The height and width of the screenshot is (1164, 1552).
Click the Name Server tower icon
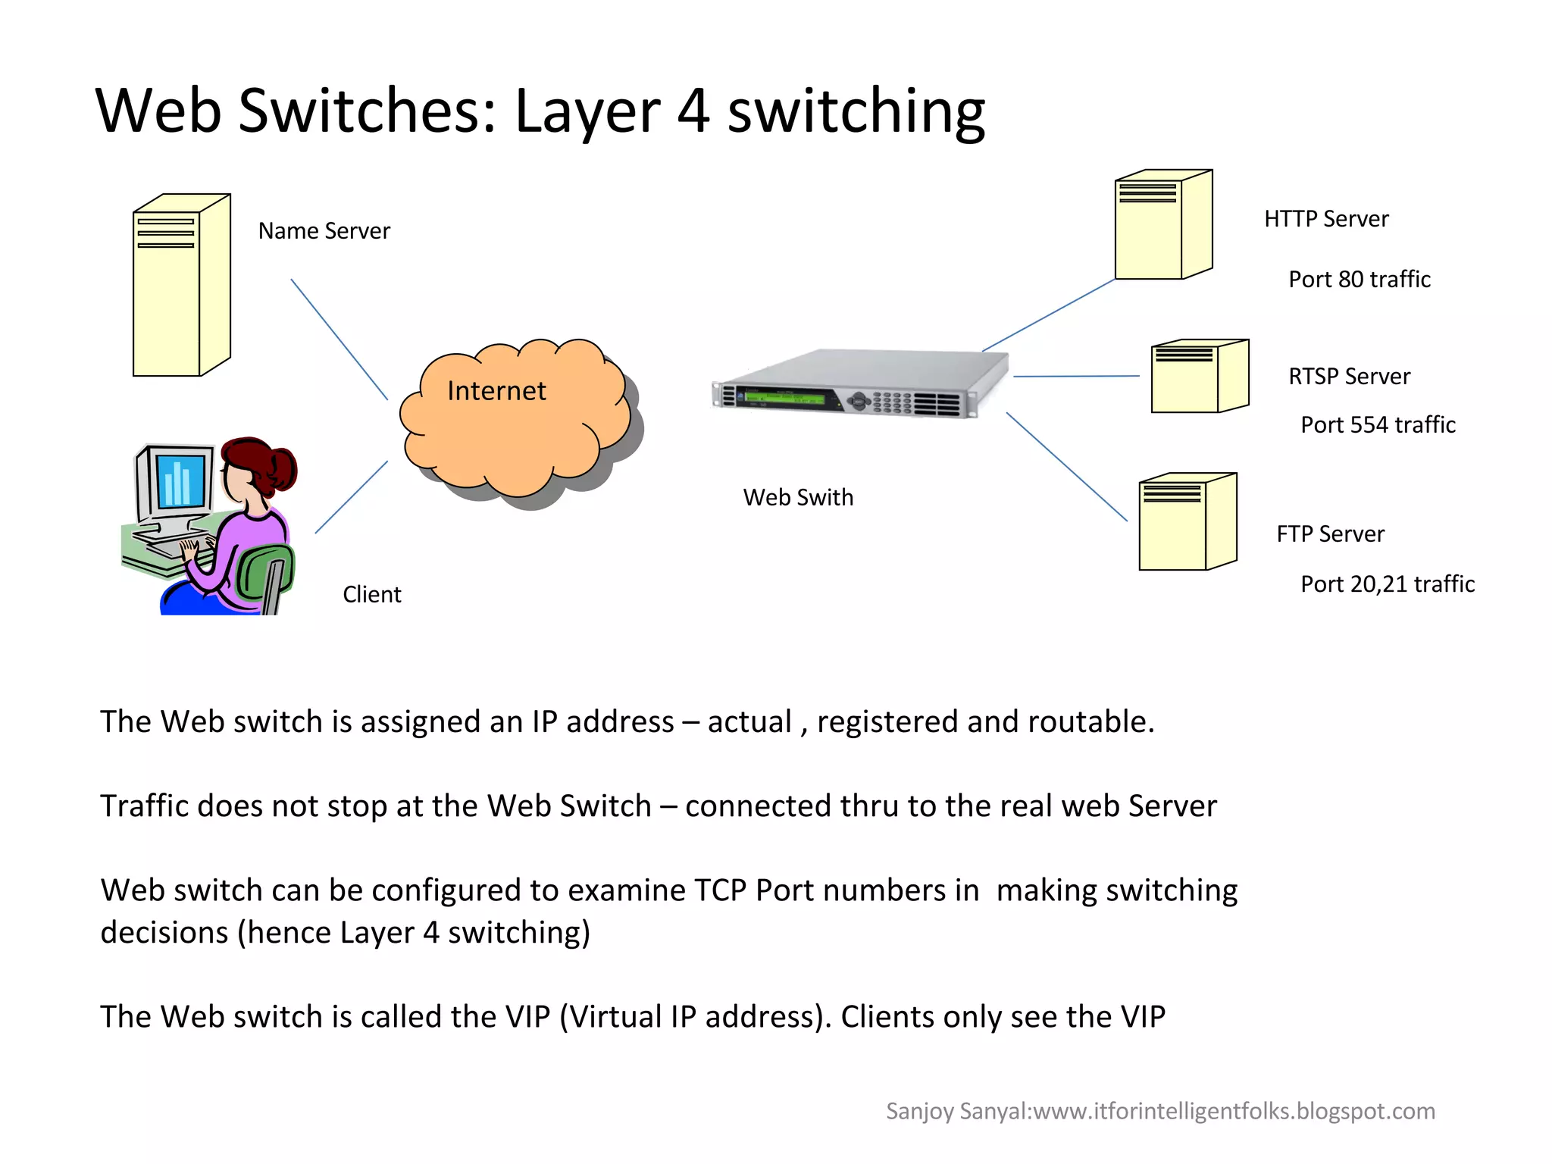[x=180, y=286]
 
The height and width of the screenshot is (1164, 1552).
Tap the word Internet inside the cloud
[x=496, y=391]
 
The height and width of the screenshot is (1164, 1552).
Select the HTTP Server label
[x=1326, y=219]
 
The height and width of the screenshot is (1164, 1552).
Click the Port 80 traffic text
[x=1359, y=280]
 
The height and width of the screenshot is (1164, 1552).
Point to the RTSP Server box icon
[x=1198, y=377]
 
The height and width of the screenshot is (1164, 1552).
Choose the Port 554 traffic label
[x=1378, y=425]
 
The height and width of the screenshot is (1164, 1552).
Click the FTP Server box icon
[x=1187, y=523]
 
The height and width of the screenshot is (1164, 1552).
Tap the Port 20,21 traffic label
[x=1387, y=584]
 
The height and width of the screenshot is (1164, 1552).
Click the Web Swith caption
[x=798, y=498]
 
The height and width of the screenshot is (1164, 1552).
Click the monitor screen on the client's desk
[x=180, y=480]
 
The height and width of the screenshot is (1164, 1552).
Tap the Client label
[x=371, y=595]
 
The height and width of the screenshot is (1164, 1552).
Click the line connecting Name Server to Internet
[x=339, y=339]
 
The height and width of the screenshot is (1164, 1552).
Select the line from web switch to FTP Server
[x=1066, y=467]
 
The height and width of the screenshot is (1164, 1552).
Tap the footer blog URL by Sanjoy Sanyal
[x=1234, y=1111]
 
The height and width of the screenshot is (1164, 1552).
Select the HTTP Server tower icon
[x=1162, y=225]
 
